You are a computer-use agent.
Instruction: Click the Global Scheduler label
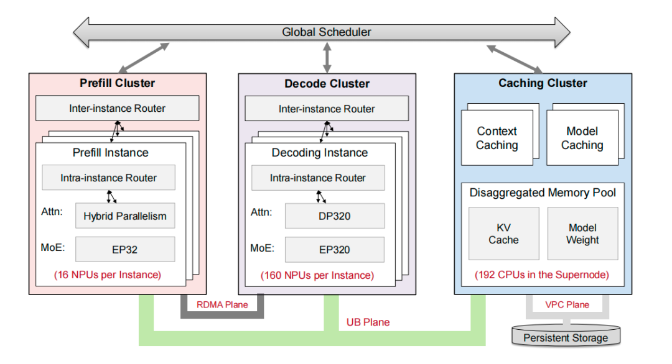(x=326, y=32)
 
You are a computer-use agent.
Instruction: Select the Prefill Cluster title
(x=117, y=83)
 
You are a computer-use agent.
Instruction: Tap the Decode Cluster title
(x=327, y=83)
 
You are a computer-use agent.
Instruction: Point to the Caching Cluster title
(x=543, y=83)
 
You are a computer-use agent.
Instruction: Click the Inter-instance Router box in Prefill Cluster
(x=117, y=108)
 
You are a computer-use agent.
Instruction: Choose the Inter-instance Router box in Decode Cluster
(x=327, y=109)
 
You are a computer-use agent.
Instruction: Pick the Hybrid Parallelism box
(x=125, y=216)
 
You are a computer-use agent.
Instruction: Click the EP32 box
(x=125, y=250)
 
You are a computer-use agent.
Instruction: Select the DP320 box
(x=335, y=216)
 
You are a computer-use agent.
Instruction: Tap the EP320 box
(x=335, y=250)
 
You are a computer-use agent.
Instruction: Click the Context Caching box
(x=497, y=138)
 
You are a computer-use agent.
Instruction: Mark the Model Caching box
(x=582, y=138)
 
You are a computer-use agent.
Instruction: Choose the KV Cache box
(x=503, y=234)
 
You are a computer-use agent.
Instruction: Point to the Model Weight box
(x=582, y=234)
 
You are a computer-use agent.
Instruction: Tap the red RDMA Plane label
(x=222, y=304)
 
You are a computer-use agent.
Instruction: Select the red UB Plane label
(x=368, y=322)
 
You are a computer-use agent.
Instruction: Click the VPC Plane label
(x=566, y=304)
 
